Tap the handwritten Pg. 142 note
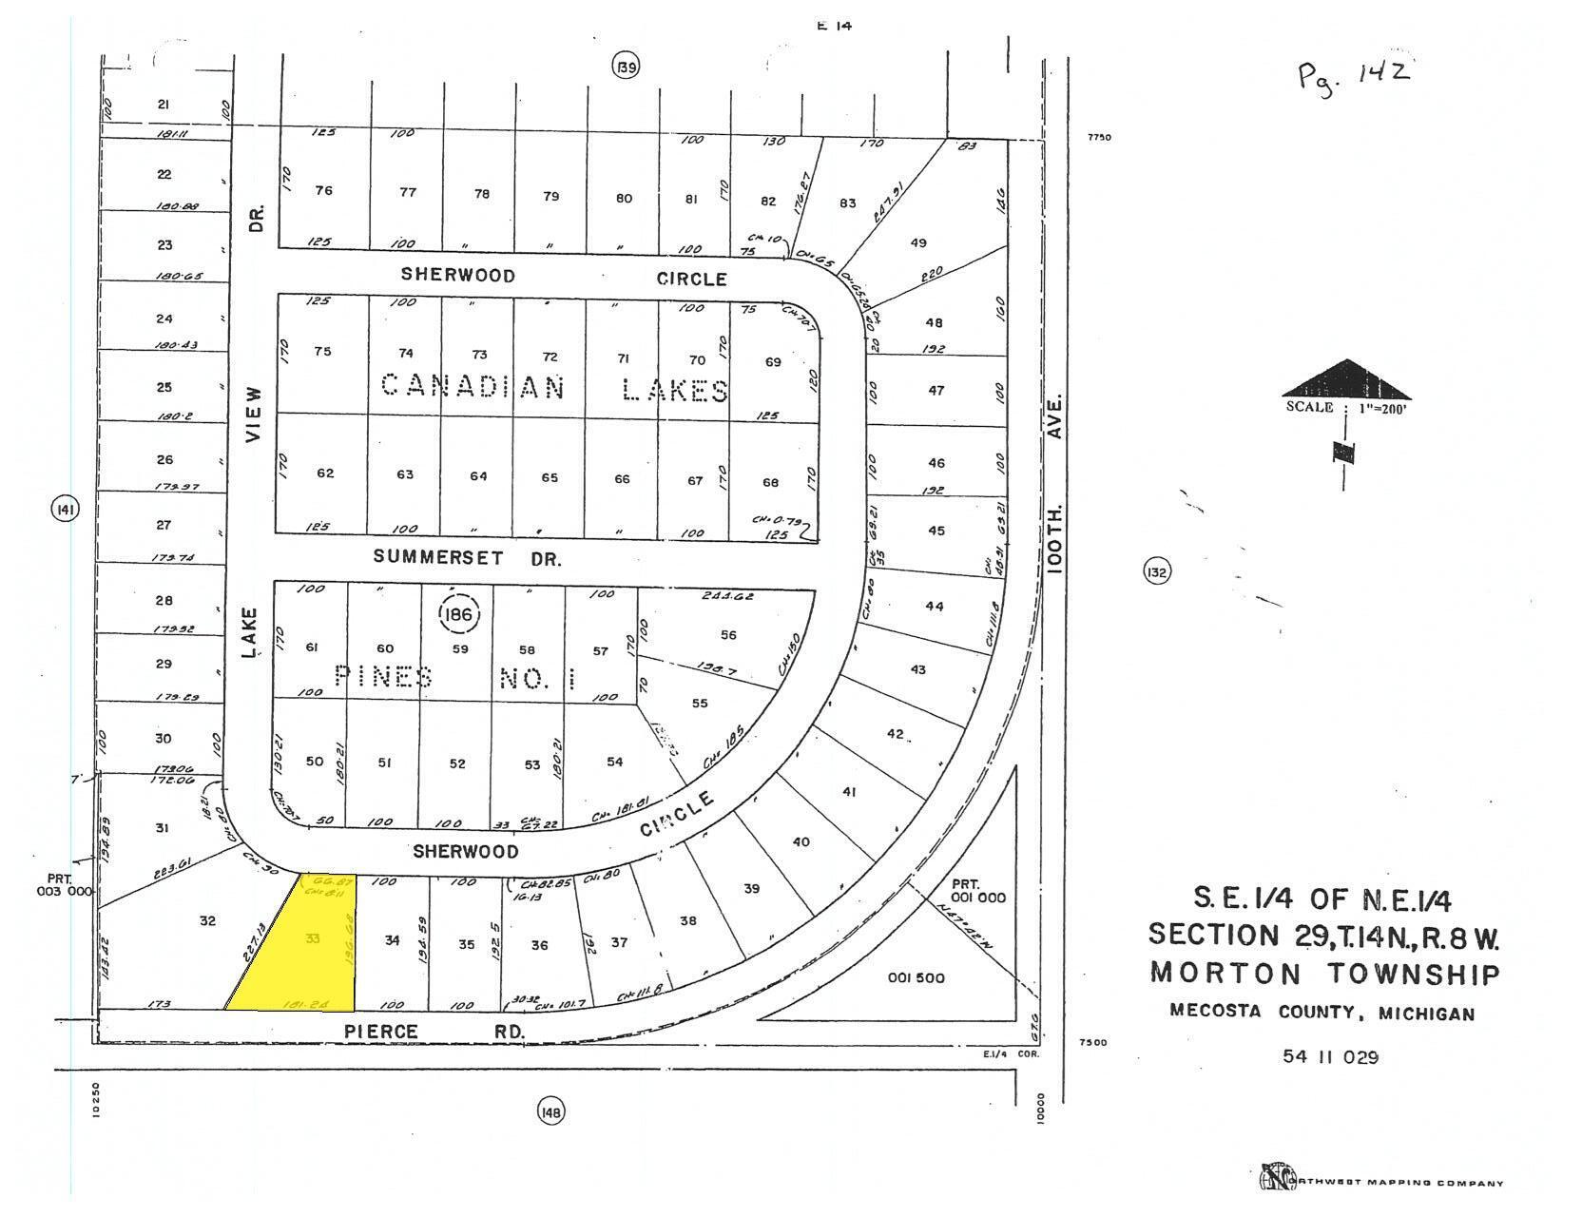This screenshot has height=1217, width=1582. click(x=1354, y=72)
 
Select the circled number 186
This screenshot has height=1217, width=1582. click(x=459, y=614)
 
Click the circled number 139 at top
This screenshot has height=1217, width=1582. click(x=625, y=67)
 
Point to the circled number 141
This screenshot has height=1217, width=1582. click(x=65, y=510)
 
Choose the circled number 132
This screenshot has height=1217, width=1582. click(x=1156, y=572)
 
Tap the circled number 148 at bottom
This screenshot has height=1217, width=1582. click(x=551, y=1111)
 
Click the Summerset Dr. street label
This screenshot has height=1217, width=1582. click(x=466, y=558)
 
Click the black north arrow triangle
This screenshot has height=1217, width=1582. click(x=1346, y=380)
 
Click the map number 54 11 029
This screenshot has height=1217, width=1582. click(x=1330, y=1056)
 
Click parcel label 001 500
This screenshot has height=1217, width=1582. click(x=916, y=978)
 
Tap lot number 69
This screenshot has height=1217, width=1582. click(x=772, y=361)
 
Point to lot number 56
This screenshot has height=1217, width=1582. click(x=728, y=635)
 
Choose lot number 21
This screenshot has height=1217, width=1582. click(x=163, y=105)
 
